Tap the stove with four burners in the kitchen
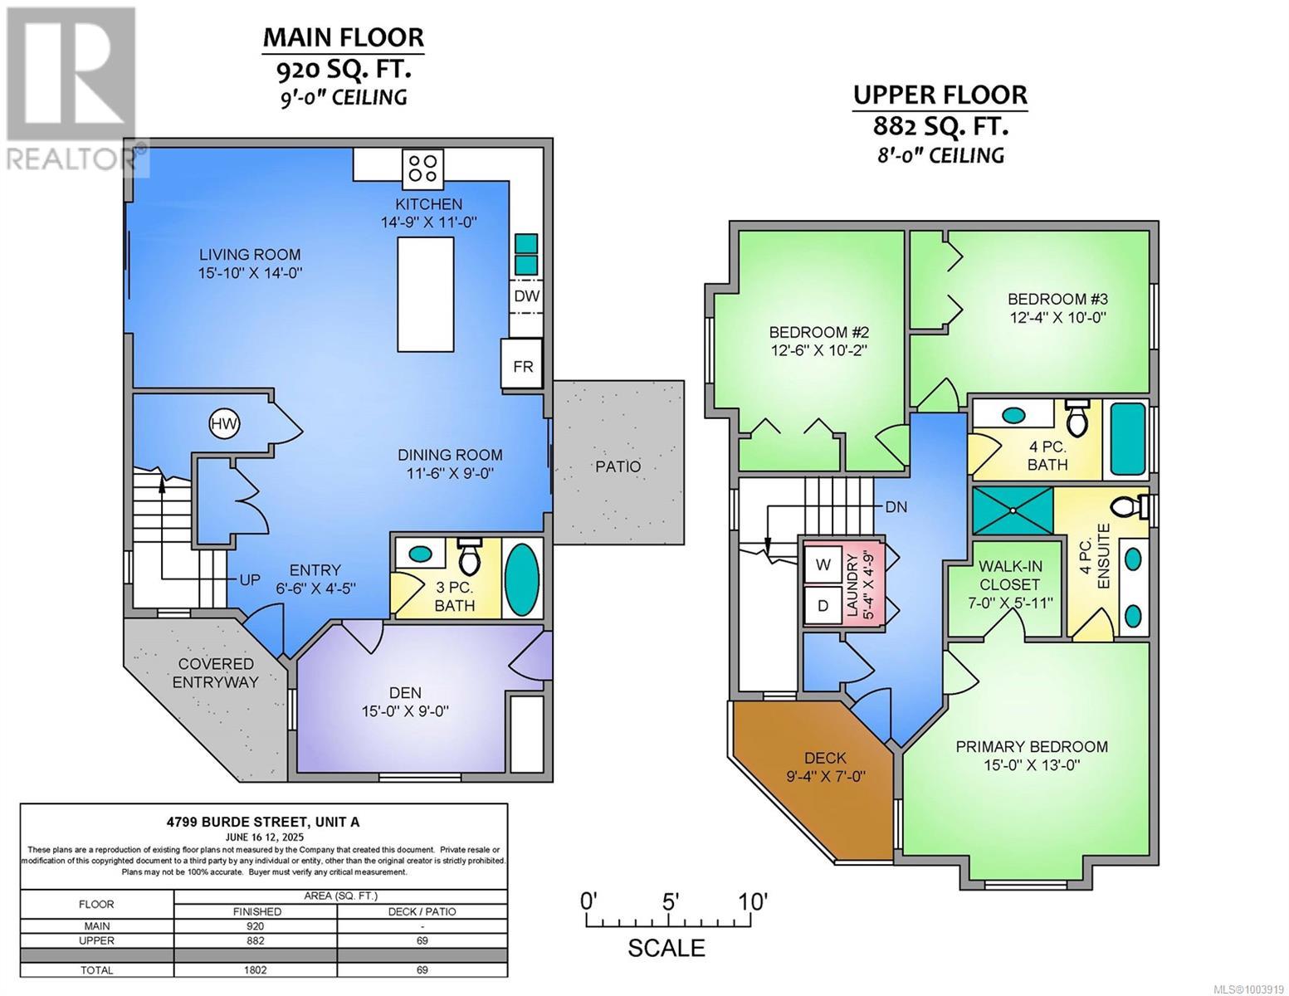[422, 168]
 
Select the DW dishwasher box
[525, 296]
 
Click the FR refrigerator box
[522, 365]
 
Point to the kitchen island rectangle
[426, 295]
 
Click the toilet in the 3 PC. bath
[470, 557]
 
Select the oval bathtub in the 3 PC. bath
[521, 579]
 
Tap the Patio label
[618, 466]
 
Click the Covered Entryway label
[217, 673]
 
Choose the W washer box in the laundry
[823, 565]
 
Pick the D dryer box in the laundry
[823, 606]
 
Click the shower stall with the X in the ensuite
[1013, 510]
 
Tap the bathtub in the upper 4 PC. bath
[1127, 440]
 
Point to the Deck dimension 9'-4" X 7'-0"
[826, 777]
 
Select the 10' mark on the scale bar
[754, 901]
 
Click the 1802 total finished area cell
[256, 969]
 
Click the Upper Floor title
[940, 95]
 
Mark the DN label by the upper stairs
[896, 506]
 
